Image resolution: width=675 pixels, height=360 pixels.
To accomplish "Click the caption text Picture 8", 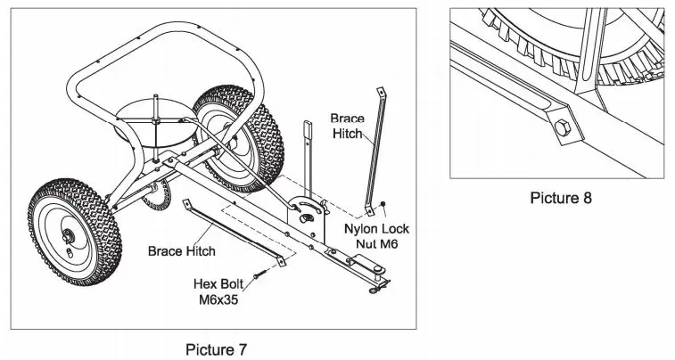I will (560, 197).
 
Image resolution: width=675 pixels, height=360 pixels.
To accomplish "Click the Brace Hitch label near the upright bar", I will (347, 126).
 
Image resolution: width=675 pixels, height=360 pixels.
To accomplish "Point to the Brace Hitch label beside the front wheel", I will (181, 251).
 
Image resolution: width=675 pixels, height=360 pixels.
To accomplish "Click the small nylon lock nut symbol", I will (383, 204).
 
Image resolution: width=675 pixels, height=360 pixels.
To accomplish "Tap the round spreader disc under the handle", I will (153, 120).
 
